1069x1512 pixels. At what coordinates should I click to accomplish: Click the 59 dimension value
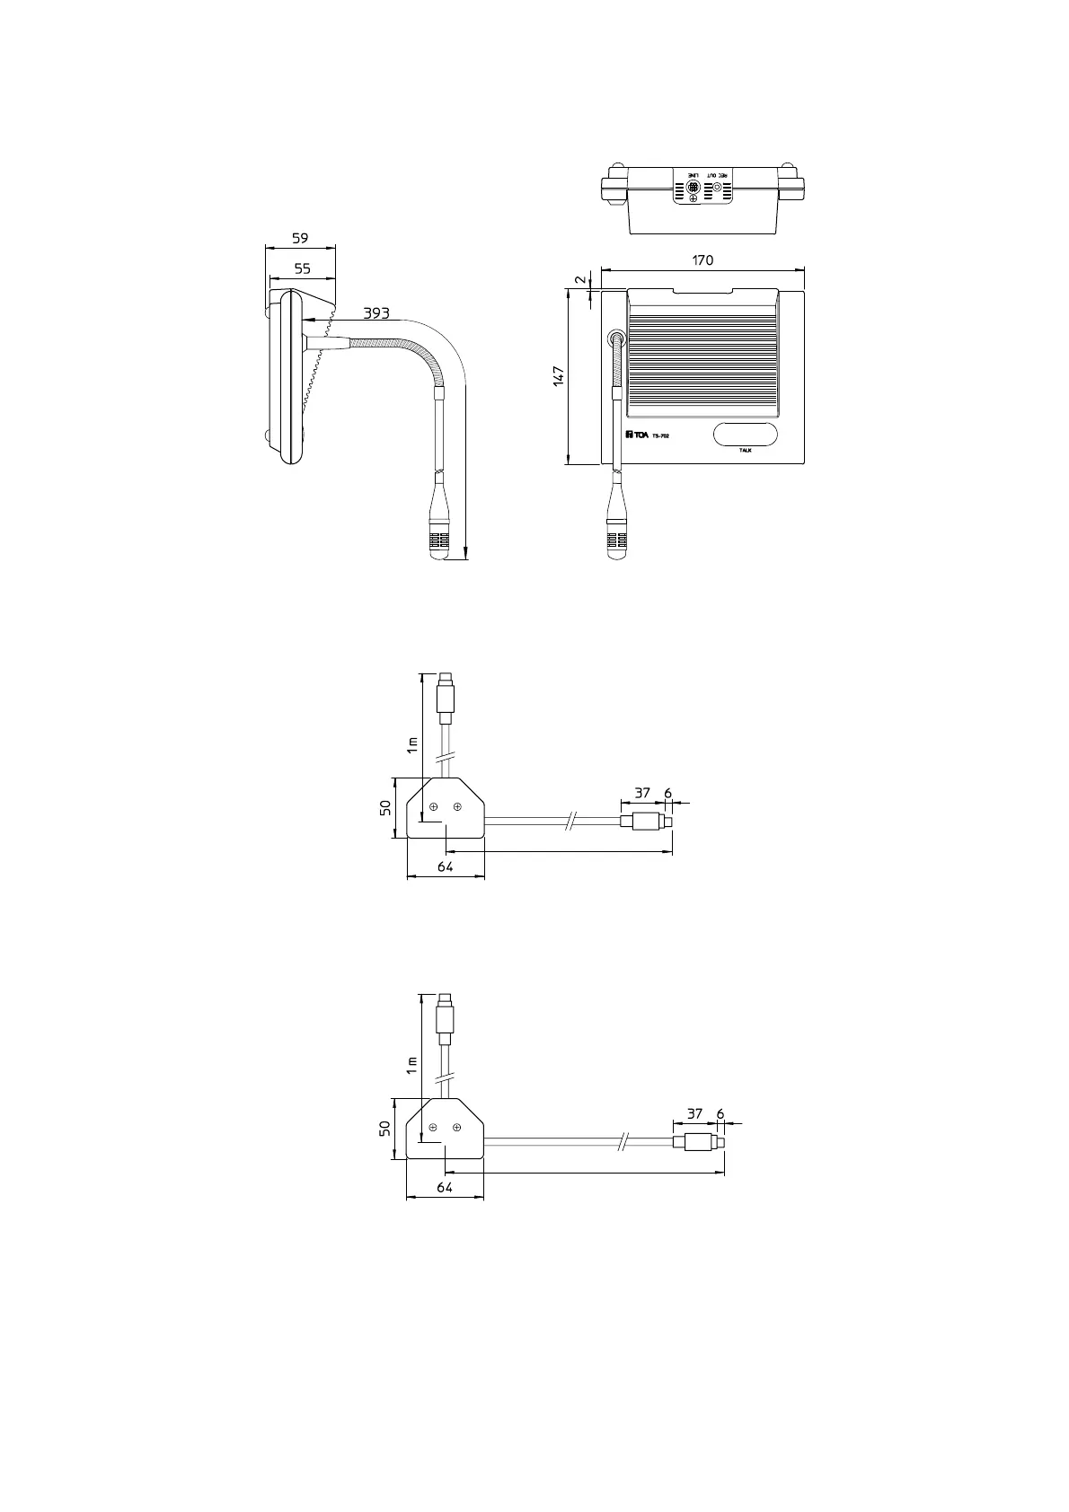(x=300, y=238)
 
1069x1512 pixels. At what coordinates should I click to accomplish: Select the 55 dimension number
(x=302, y=268)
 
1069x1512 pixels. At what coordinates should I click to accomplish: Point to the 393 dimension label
(x=376, y=313)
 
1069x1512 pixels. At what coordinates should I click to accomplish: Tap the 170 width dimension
(x=702, y=259)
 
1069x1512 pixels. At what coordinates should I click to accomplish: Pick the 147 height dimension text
(x=558, y=376)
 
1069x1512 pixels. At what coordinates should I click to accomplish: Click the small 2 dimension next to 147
(x=579, y=279)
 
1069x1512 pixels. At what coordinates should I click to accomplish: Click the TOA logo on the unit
(x=637, y=435)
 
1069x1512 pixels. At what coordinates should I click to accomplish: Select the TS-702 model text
(x=660, y=436)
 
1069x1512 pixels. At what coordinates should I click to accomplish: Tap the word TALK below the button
(x=745, y=450)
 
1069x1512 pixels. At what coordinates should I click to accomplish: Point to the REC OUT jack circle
(x=717, y=189)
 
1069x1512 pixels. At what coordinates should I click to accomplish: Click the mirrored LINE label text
(x=693, y=173)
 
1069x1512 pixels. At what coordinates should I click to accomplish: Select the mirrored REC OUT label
(x=718, y=173)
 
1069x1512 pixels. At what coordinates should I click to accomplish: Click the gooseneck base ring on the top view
(x=616, y=339)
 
